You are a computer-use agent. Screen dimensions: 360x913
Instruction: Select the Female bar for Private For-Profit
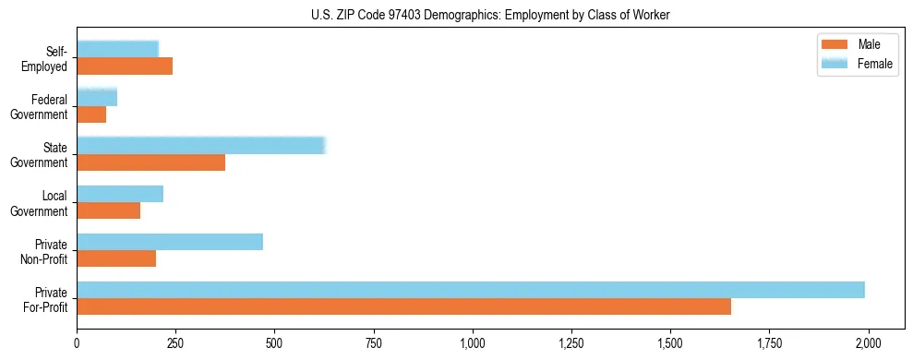[x=471, y=290]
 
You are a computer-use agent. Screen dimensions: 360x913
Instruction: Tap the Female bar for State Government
[x=201, y=146]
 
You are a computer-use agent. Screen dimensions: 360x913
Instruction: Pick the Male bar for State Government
[x=150, y=162]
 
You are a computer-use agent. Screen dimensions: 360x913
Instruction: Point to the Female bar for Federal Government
[x=97, y=98]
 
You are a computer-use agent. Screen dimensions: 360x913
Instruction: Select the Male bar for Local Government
[x=108, y=210]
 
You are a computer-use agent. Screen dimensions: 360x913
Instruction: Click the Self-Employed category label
[x=50, y=59]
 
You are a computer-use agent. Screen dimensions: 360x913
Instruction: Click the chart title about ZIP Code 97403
[x=490, y=15]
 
